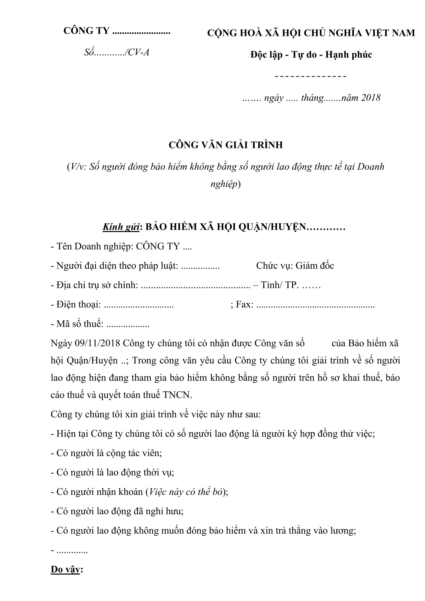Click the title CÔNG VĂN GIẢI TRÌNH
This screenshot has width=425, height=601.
point(226,145)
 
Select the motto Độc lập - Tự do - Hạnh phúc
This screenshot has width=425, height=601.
point(311,54)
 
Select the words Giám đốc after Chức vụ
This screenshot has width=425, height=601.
point(315,266)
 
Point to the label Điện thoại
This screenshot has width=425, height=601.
point(79,304)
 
